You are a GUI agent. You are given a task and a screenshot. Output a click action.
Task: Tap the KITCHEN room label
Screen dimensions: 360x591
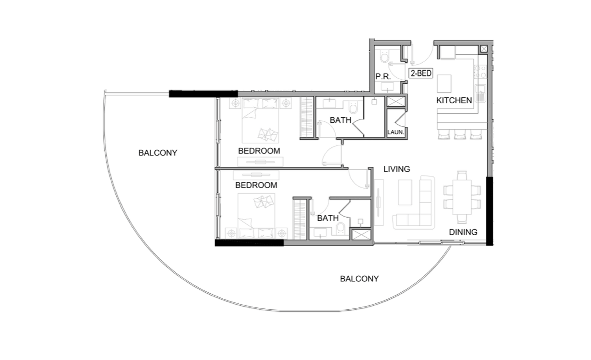click(x=454, y=100)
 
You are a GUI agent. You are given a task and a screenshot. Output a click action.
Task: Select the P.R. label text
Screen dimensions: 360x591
click(x=383, y=77)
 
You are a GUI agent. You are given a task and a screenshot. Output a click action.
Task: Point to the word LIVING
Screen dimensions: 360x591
click(x=397, y=169)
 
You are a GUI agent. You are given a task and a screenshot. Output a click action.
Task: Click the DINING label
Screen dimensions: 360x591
click(x=463, y=232)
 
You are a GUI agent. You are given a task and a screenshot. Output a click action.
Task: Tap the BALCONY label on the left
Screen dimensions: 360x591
click(x=158, y=153)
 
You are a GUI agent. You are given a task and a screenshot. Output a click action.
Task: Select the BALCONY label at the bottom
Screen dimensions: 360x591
click(x=359, y=279)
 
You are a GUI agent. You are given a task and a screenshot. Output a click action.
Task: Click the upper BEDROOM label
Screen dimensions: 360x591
click(x=259, y=151)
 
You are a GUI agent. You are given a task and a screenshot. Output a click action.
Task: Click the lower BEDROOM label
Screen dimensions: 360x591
click(x=256, y=185)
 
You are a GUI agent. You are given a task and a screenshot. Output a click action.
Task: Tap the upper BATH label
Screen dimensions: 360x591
click(x=340, y=120)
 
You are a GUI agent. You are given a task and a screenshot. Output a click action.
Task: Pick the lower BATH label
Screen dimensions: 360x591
click(x=328, y=218)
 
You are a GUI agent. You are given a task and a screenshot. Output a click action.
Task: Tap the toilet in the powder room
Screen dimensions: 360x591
click(x=385, y=58)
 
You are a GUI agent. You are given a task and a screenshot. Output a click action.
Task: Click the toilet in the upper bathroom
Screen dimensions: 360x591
click(x=353, y=107)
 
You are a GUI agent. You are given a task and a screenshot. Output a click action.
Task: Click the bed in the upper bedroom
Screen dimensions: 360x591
click(x=260, y=120)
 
